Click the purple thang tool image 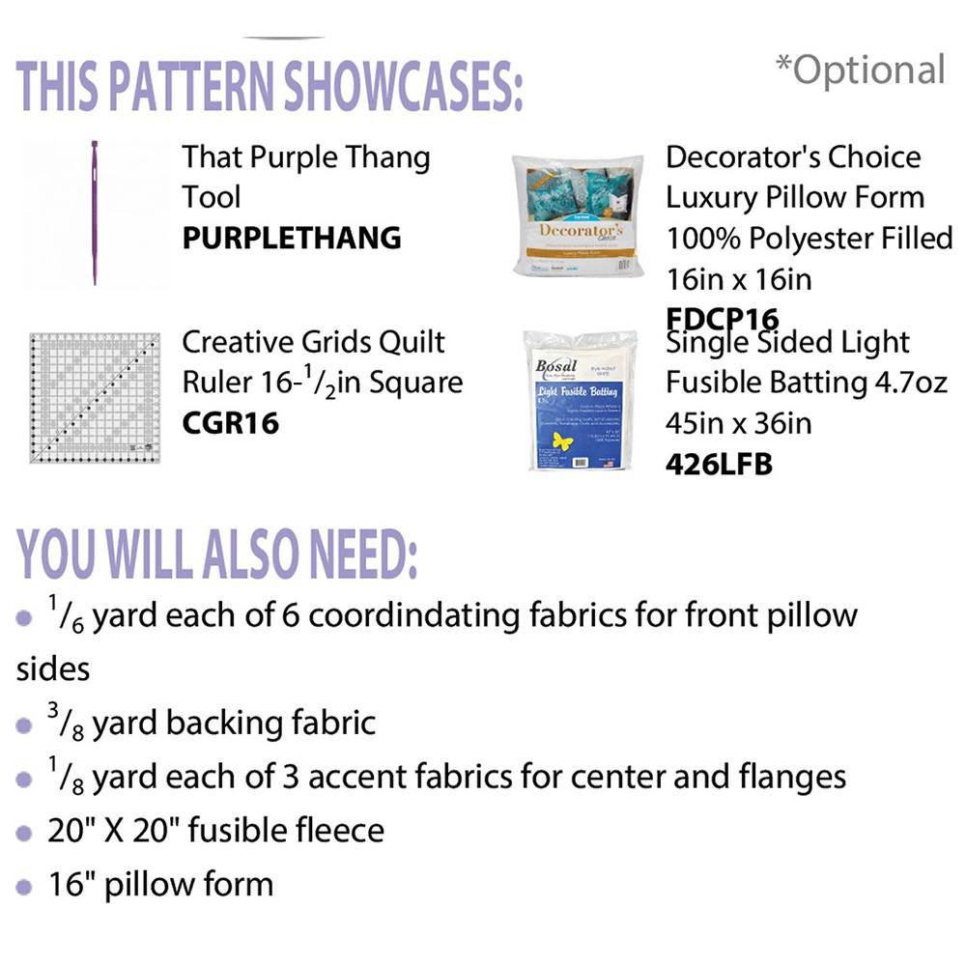95,213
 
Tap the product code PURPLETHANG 292,238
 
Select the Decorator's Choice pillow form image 578,214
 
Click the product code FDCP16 723,319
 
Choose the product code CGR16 230,423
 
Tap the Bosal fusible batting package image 577,400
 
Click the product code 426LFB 720,465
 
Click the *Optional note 860,71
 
